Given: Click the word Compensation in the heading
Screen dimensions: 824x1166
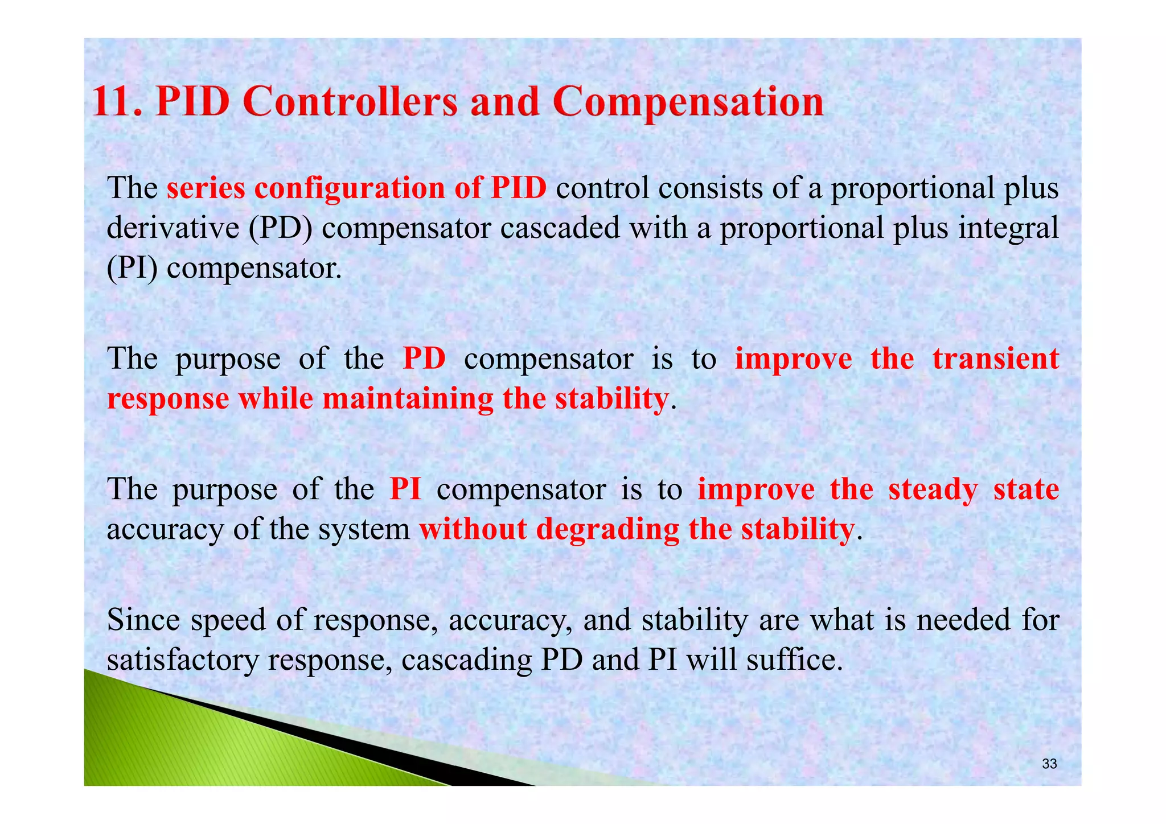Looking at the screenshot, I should pyautogui.click(x=688, y=103).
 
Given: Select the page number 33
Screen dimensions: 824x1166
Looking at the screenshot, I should pyautogui.click(x=1049, y=764).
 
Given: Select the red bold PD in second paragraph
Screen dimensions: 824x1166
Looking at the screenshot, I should pyautogui.click(x=424, y=359).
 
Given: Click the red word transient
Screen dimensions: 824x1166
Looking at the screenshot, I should pyautogui.click(x=995, y=359).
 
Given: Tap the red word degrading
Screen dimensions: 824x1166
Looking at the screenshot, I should pyautogui.click(x=607, y=529).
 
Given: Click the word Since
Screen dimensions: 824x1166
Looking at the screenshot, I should pyautogui.click(x=144, y=620).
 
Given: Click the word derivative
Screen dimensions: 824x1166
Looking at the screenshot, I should pyautogui.click(x=173, y=228).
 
